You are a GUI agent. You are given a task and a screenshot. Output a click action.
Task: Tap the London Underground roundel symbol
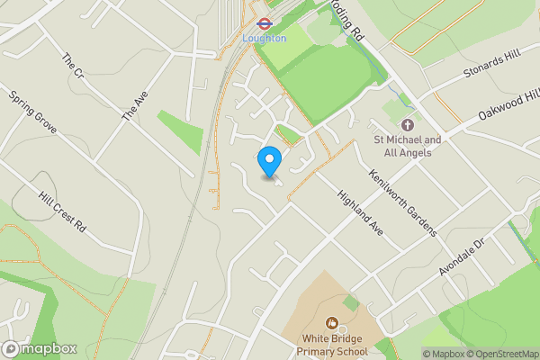265,24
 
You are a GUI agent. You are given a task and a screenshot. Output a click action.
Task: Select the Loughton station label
265,39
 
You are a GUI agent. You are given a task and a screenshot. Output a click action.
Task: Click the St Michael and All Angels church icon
407,124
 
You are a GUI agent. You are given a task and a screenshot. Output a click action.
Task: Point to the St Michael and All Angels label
408,146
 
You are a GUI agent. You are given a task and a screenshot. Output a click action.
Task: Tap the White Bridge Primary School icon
331,321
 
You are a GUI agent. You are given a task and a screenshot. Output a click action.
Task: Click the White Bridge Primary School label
335,346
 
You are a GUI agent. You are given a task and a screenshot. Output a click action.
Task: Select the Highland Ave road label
361,213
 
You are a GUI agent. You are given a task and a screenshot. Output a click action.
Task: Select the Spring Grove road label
32,112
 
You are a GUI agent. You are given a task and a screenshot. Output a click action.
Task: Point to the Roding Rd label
346,20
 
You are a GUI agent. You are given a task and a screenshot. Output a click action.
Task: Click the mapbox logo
40,348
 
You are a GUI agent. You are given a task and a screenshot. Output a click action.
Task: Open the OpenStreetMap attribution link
502,354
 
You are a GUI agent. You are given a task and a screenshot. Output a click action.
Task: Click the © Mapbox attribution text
444,354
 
